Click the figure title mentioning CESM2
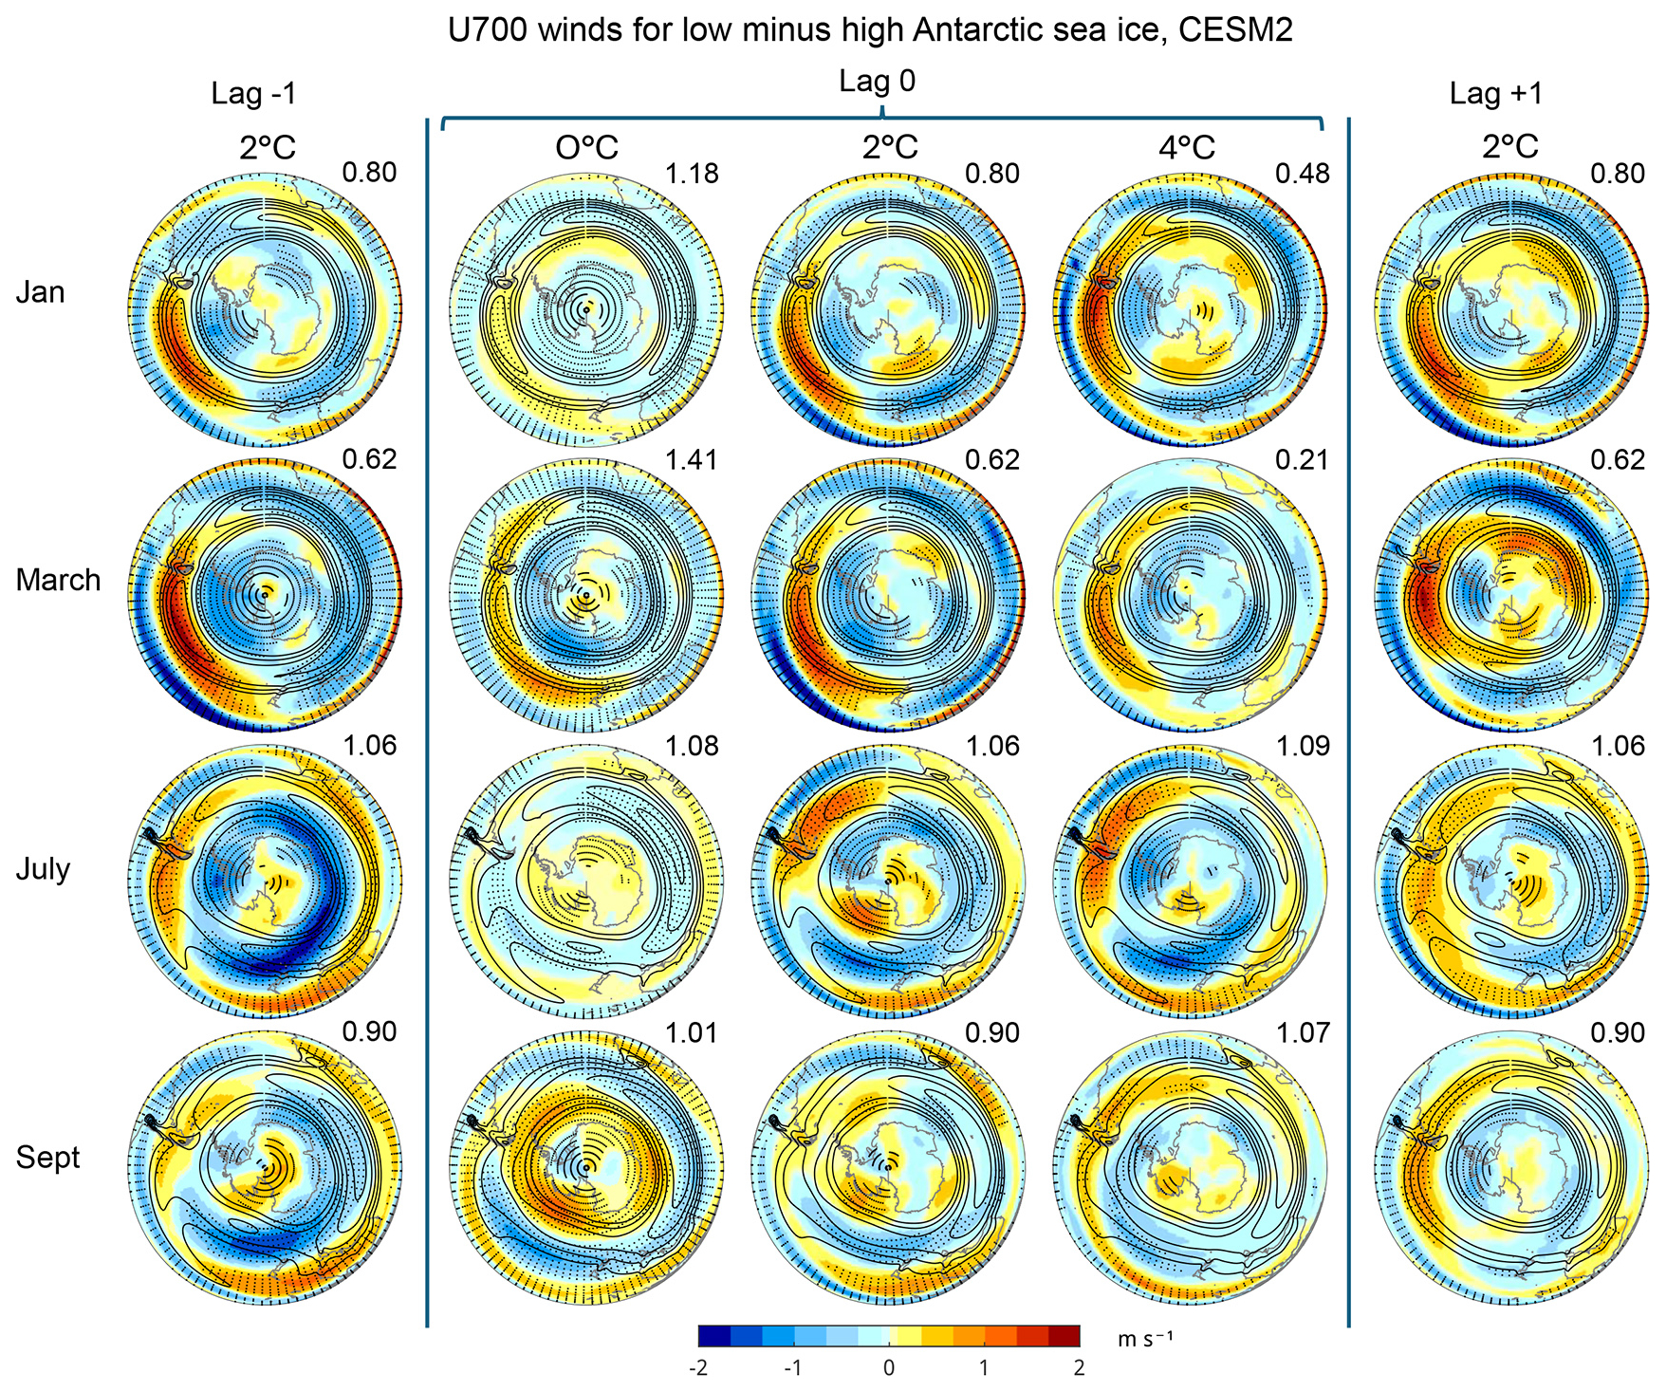[869, 29]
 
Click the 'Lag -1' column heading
[253, 93]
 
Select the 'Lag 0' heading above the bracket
[877, 82]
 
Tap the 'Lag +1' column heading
[1496, 93]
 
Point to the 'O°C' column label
[586, 148]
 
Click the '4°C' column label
[1186, 148]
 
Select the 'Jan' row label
[41, 291]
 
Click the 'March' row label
[58, 580]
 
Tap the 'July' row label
[43, 868]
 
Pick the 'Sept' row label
[47, 1157]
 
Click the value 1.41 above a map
[692, 460]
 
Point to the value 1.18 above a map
[692, 174]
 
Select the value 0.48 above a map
[1303, 174]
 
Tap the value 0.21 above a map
[1303, 460]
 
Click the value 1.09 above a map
[1303, 747]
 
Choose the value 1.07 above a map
[1303, 1032]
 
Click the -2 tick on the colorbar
[699, 1367]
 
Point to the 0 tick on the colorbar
[889, 1367]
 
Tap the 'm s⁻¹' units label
[1144, 1338]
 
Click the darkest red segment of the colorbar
[1065, 1336]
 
